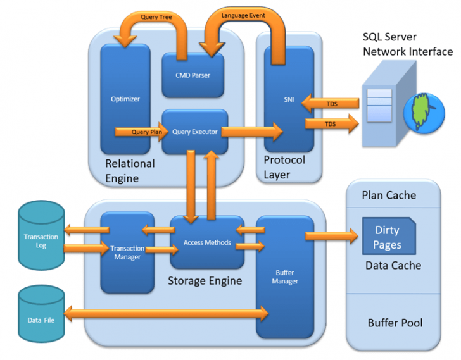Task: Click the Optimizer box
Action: pyautogui.click(x=125, y=99)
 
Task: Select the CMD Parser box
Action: pyautogui.click(x=193, y=75)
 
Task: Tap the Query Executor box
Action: pyautogui.click(x=194, y=132)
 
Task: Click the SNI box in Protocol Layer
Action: pyautogui.click(x=289, y=99)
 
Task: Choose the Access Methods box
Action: pyautogui.click(x=207, y=242)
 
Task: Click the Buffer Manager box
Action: pyautogui.click(x=285, y=276)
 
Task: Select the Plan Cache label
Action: pyautogui.click(x=389, y=195)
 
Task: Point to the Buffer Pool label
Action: pyautogui.click(x=395, y=323)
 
